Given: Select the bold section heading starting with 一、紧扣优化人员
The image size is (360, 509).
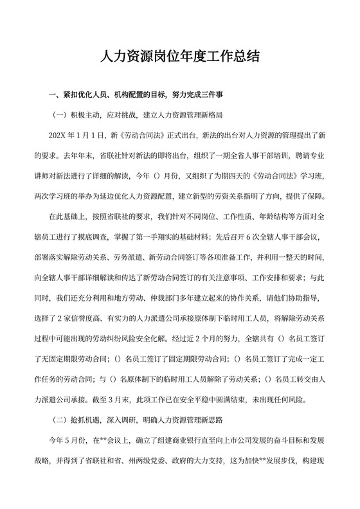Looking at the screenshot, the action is (136, 95).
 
